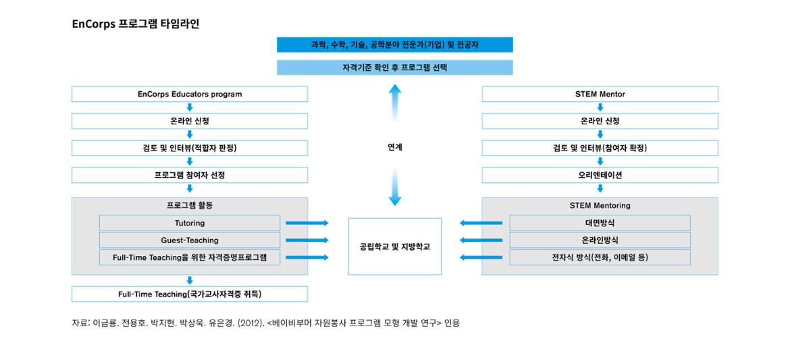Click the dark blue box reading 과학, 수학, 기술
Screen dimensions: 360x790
coord(395,45)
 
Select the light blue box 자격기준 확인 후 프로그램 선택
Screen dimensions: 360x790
coord(395,68)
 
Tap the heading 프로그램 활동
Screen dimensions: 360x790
coord(190,205)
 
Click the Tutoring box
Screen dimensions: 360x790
coord(190,223)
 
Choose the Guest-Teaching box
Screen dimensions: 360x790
coord(190,240)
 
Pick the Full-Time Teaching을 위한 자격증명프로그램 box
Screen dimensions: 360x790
coord(190,257)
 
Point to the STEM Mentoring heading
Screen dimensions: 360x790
coord(600,205)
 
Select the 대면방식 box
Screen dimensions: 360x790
coord(600,223)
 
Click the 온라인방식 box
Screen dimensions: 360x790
coord(600,240)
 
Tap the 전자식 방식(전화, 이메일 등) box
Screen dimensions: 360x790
coord(600,257)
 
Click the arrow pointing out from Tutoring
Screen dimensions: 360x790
coord(307,223)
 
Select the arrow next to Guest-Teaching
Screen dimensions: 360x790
coord(307,240)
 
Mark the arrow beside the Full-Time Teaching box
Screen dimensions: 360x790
coord(307,257)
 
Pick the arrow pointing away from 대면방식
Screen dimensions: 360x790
coord(481,223)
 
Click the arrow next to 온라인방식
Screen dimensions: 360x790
coord(481,240)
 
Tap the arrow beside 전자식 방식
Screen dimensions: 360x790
coord(481,257)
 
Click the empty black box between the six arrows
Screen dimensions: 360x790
coord(395,246)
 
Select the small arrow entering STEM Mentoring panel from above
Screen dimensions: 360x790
coord(600,188)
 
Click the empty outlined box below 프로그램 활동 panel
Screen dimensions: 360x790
coord(190,294)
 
